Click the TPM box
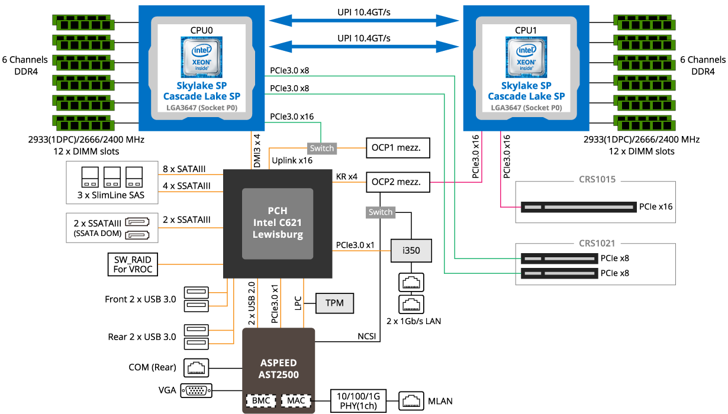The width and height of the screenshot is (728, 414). point(335,303)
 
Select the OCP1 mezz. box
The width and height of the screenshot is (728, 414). point(396,148)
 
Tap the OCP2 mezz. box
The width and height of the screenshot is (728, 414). point(396,182)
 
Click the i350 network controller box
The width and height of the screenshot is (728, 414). point(411,250)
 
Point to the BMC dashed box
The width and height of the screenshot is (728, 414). point(260,400)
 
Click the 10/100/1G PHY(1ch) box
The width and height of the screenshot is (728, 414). point(357,400)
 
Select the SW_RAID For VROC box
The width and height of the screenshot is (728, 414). point(133,264)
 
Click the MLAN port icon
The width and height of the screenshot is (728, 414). point(411,400)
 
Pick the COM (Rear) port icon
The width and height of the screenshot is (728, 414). point(196,367)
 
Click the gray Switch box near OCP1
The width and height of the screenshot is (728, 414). point(322,148)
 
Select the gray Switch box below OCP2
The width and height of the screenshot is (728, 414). point(380,212)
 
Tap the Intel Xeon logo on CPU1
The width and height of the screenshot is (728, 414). point(526,56)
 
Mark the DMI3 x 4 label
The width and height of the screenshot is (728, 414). point(257,151)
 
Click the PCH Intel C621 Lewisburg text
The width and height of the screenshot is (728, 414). point(277,223)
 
